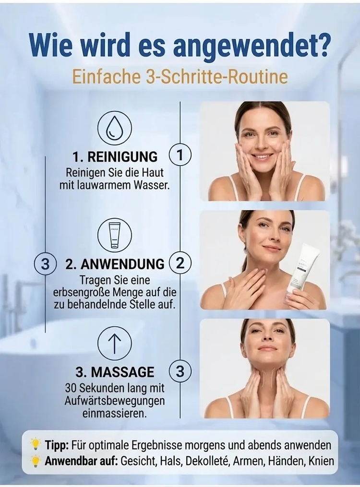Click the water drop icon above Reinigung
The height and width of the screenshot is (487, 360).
tap(115, 128)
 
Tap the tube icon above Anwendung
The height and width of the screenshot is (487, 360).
tap(115, 236)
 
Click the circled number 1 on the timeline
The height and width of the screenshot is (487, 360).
tap(180, 155)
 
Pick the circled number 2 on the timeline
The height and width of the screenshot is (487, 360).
tap(180, 263)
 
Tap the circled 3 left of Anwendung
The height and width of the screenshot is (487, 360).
tap(45, 264)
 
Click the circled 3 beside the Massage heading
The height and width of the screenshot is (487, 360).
tap(180, 371)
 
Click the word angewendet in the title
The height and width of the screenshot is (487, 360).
tap(251, 47)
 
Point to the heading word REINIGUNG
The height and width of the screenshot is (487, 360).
tap(123, 156)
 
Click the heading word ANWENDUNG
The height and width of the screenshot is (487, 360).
tap(123, 264)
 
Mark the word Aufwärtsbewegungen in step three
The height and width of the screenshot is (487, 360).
tap(115, 401)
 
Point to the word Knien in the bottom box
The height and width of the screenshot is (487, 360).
tap(321, 461)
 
